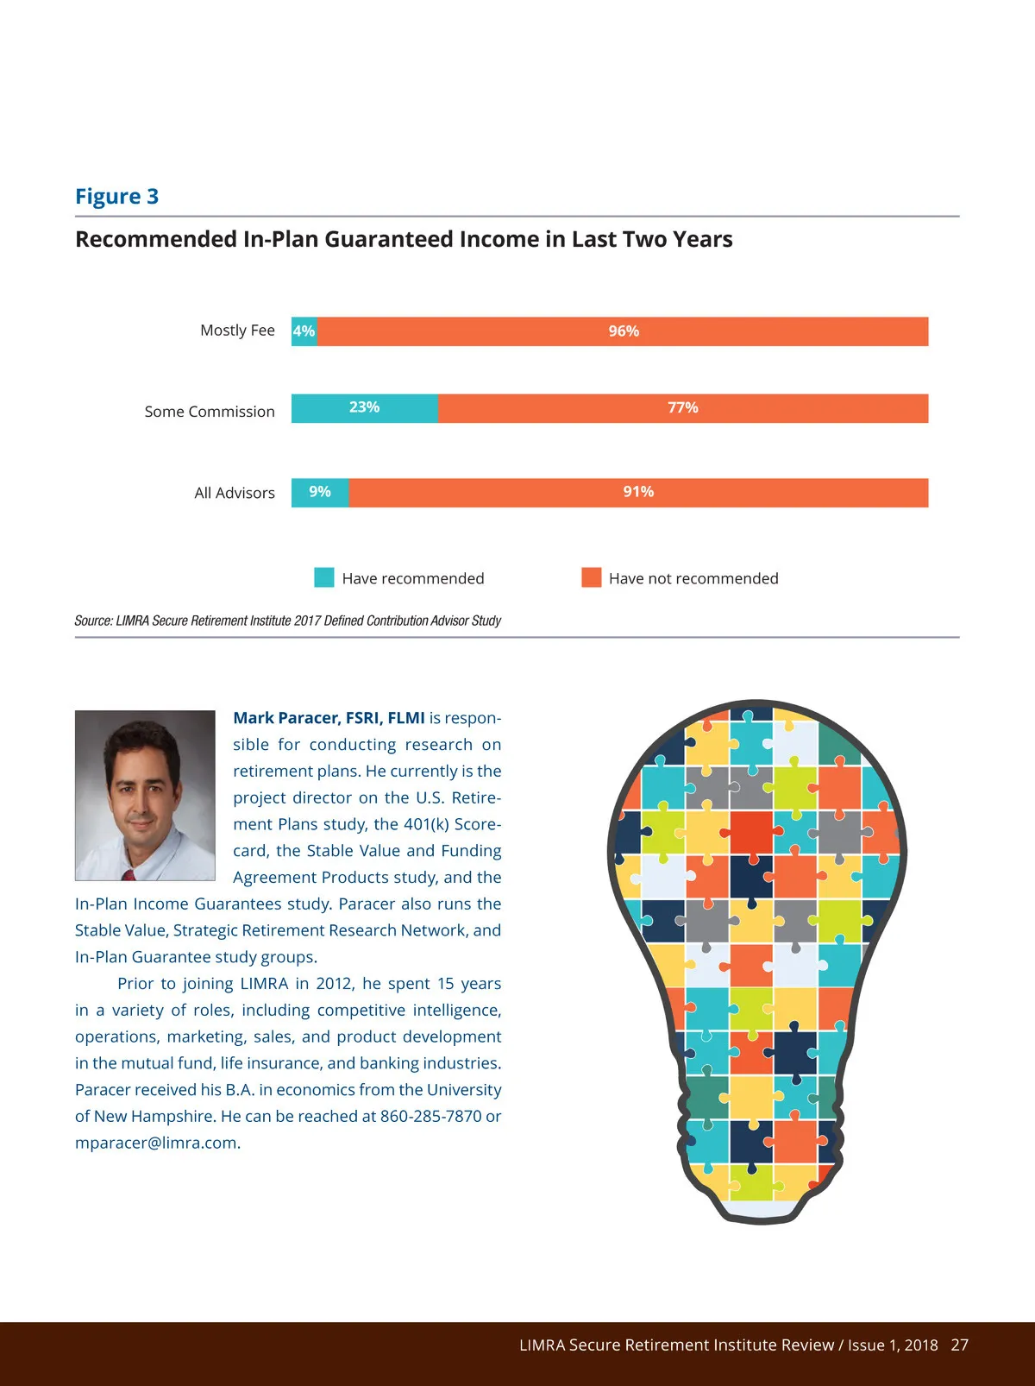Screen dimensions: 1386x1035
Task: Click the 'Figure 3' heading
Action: point(116,197)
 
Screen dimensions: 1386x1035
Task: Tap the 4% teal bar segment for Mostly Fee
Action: point(304,331)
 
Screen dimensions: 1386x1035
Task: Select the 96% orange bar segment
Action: point(623,331)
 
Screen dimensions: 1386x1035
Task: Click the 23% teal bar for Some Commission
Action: point(364,408)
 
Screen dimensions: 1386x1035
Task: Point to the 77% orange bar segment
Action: point(682,408)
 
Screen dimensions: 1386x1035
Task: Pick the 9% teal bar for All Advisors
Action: point(320,493)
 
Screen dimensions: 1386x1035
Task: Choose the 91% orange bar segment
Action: point(638,493)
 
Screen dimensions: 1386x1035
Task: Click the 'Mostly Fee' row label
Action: point(237,331)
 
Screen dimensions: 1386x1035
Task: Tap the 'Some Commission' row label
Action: point(210,412)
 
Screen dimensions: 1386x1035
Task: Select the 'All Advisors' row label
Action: point(235,493)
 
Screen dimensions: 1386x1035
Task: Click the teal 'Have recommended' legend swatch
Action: point(324,577)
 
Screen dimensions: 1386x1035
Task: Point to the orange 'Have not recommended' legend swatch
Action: point(591,577)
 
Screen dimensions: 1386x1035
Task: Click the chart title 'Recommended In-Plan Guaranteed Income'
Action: point(404,239)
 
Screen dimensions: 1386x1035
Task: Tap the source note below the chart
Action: point(287,621)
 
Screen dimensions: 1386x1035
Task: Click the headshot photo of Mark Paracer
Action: point(145,795)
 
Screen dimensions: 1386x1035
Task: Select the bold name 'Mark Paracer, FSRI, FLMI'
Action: point(329,718)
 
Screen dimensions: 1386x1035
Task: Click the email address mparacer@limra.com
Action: point(156,1143)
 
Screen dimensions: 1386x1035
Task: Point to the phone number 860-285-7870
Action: point(430,1116)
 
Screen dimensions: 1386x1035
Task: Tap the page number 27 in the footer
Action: point(959,1345)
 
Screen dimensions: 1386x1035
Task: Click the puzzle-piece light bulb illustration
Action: point(756,958)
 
